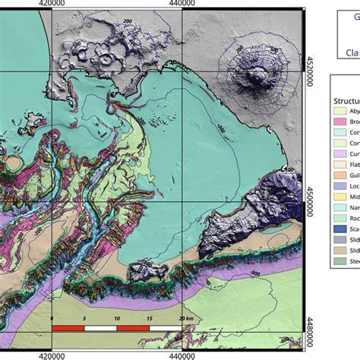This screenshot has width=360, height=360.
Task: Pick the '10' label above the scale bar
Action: pos(116,318)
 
